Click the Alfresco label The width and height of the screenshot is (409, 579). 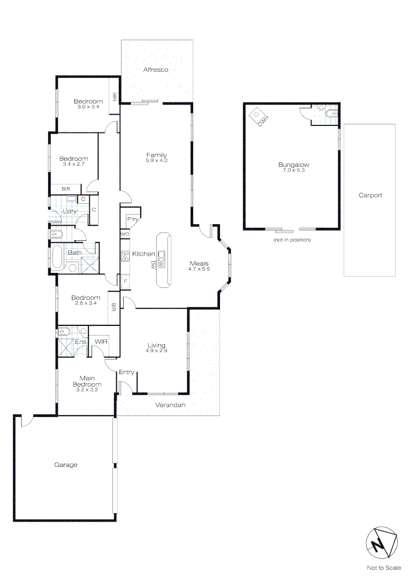click(156, 70)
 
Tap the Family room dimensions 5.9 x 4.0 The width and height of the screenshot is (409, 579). click(157, 160)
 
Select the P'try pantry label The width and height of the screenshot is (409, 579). click(132, 219)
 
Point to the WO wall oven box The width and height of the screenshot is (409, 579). click(125, 234)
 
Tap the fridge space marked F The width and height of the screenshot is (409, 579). click(125, 281)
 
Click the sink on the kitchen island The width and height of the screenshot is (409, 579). click(161, 258)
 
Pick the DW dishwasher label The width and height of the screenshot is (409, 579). click(153, 264)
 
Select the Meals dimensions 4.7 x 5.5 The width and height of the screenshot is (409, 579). click(199, 269)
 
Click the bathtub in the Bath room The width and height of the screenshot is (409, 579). click(57, 258)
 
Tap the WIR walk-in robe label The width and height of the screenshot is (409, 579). click(101, 342)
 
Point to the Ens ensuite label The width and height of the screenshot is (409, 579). click(80, 342)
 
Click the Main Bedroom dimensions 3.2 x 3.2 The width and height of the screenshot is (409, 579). click(87, 390)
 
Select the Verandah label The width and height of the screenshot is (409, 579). click(170, 405)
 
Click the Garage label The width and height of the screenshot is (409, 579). click(66, 465)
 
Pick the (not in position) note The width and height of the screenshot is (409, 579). click(292, 240)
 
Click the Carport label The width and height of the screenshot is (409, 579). click(370, 196)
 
